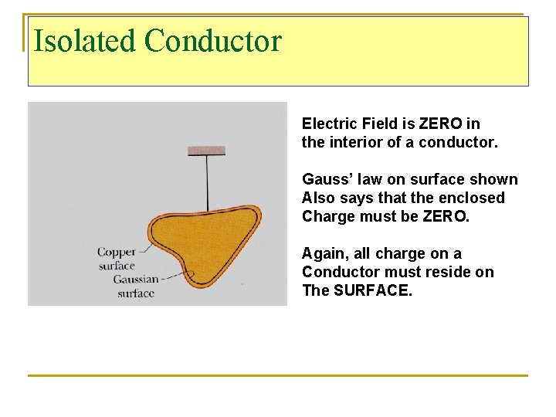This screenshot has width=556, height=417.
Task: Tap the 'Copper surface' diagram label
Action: (x=116, y=259)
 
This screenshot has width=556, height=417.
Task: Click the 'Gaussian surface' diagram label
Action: (x=135, y=286)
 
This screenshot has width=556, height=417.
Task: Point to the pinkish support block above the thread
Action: (x=206, y=150)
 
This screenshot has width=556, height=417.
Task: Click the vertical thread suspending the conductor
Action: (x=207, y=181)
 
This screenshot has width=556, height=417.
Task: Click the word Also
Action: (x=319, y=198)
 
